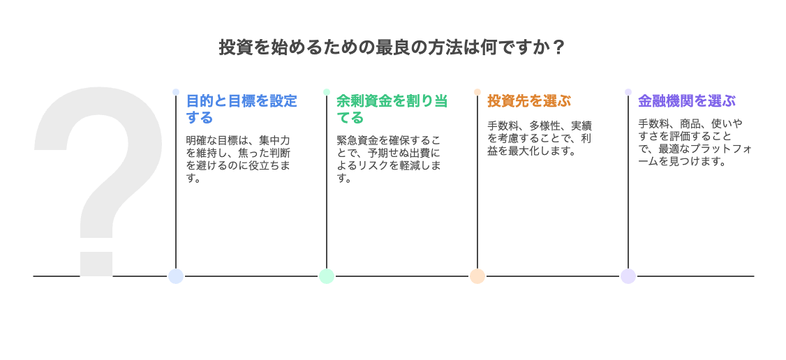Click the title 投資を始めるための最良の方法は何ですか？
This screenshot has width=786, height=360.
coord(392,47)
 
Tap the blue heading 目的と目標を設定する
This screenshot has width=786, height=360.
coord(242,109)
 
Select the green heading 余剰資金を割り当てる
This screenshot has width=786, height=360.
coord(392,109)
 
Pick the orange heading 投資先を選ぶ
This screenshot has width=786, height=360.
coord(528,101)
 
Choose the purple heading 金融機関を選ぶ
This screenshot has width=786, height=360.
coord(686,101)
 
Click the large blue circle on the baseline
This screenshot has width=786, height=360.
coord(176,276)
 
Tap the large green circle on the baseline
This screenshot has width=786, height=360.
coord(327,276)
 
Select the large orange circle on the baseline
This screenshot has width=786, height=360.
coord(477,276)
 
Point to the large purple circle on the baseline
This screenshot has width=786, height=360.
coord(628,276)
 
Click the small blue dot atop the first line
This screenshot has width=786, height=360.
coord(176,92)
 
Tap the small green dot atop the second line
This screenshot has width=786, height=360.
coord(327,92)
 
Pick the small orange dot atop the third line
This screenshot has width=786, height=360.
coord(477,92)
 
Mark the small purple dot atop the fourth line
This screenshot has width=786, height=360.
coord(628,92)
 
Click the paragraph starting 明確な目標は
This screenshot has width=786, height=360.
coord(237,158)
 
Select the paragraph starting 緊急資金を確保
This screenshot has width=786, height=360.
coord(388,158)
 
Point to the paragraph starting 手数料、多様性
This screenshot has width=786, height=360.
coord(539,138)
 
